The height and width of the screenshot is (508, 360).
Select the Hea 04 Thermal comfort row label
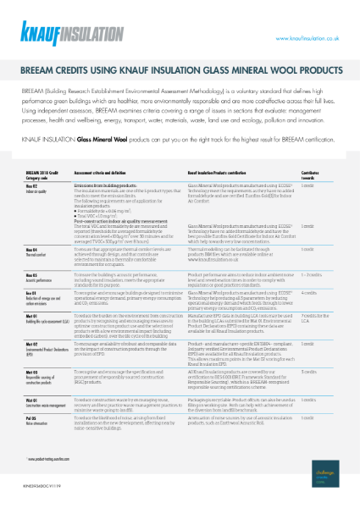(39, 251)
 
